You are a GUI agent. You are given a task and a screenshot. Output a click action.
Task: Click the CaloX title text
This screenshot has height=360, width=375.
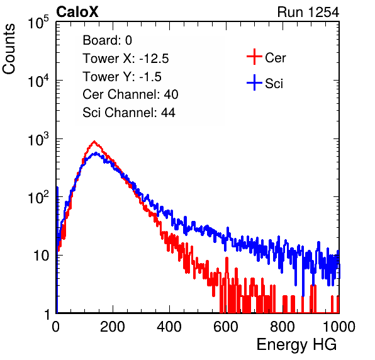click(77, 12)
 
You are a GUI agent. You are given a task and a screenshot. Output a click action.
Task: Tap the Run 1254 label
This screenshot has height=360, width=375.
click(308, 12)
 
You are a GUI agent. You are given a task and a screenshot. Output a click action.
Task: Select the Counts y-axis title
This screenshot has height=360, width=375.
click(9, 49)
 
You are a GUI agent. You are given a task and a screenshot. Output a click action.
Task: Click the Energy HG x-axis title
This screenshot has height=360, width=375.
click(296, 345)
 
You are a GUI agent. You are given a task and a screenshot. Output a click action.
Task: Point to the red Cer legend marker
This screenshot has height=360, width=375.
click(254, 57)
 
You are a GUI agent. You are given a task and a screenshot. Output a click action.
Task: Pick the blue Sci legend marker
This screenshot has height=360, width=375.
click(254, 83)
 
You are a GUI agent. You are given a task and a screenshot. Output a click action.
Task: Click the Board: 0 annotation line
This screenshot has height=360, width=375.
click(107, 40)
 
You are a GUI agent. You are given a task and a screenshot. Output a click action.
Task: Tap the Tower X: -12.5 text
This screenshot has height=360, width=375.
click(126, 59)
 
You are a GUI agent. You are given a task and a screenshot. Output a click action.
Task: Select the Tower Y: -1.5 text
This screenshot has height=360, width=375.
click(122, 77)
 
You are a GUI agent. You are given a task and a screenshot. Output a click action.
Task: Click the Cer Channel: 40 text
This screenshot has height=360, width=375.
click(130, 94)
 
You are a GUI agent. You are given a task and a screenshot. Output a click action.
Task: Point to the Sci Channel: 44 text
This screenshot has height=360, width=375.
click(129, 113)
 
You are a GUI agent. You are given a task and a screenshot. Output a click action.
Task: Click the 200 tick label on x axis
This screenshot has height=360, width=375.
click(113, 327)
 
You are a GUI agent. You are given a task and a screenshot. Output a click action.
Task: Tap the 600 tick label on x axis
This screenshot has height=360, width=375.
click(226, 327)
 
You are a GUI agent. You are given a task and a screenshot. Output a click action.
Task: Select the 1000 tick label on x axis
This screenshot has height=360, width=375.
click(339, 327)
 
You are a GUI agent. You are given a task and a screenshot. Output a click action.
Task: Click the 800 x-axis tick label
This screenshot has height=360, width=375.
click(283, 327)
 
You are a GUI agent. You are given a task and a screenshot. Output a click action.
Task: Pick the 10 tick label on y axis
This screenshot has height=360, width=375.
click(42, 256)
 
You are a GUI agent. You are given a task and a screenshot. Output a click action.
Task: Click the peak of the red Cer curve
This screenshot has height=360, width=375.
click(94, 141)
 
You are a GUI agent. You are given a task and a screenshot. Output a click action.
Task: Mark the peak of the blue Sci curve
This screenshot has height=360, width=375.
click(96, 152)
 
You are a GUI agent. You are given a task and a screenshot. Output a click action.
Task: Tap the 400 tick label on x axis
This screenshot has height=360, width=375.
click(169, 327)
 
